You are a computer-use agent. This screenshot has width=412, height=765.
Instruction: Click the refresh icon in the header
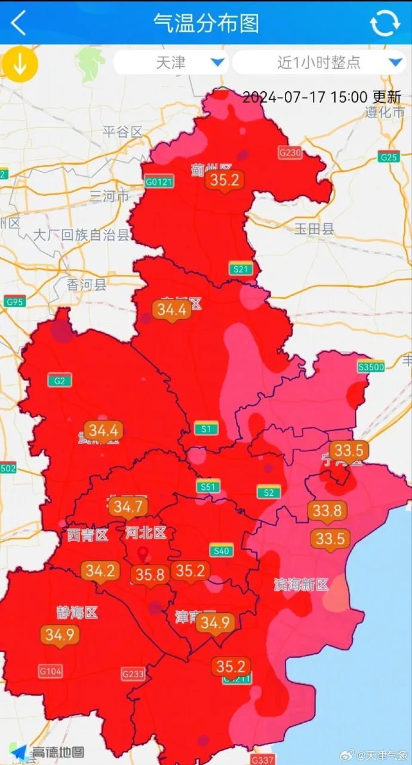pyautogui.click(x=385, y=23)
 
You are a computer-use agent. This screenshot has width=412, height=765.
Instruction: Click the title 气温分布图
pyautogui.click(x=206, y=23)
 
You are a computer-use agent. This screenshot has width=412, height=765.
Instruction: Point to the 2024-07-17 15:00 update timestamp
pyautogui.click(x=322, y=97)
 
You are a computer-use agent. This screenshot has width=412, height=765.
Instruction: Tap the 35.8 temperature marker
pyautogui.click(x=149, y=575)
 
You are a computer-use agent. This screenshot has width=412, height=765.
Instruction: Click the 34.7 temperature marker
pyautogui.click(x=128, y=507)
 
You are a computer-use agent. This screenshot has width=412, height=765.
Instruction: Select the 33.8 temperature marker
pyautogui.click(x=327, y=511)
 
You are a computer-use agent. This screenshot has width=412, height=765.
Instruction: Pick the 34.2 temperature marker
pyautogui.click(x=100, y=571)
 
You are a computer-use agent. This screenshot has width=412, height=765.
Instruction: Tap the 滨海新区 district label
pyautogui.click(x=302, y=584)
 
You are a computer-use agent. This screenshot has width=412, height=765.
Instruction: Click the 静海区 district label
pyautogui.click(x=77, y=612)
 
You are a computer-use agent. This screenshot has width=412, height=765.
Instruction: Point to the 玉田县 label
pyautogui.click(x=315, y=229)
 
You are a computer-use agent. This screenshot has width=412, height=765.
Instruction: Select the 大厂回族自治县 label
pyautogui.click(x=81, y=235)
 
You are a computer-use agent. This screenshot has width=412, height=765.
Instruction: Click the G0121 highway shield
pyautogui.click(x=158, y=181)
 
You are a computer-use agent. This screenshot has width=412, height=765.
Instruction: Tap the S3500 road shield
pyautogui.click(x=370, y=367)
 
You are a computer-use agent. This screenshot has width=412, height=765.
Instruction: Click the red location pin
pyautogui.click(x=142, y=554)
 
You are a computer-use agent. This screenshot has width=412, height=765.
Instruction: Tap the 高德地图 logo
pyautogui.click(x=50, y=752)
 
